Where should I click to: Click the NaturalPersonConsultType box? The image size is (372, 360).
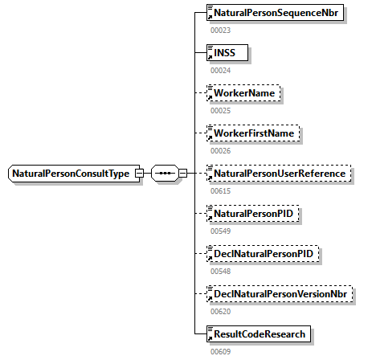coord(71,174)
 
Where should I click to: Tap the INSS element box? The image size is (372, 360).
coord(228,53)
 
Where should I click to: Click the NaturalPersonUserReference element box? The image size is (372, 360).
coord(277,174)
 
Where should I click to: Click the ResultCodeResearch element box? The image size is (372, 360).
coord(257,333)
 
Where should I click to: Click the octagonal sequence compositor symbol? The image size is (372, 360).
coord(165,174)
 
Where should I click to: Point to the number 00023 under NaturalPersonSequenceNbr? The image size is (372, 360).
coord(220,30)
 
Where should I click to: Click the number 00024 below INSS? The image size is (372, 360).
coord(220,70)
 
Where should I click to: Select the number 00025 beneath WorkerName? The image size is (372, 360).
coord(220,110)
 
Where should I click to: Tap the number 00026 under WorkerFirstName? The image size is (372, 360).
coord(220,150)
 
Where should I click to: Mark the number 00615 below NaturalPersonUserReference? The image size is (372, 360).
coord(220,190)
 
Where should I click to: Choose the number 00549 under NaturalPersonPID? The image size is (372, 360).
coord(220,231)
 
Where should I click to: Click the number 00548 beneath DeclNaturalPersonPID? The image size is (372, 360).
coord(220,271)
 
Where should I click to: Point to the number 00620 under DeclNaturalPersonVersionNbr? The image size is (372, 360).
coord(220,311)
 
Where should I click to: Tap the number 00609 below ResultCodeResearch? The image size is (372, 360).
coord(220,351)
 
